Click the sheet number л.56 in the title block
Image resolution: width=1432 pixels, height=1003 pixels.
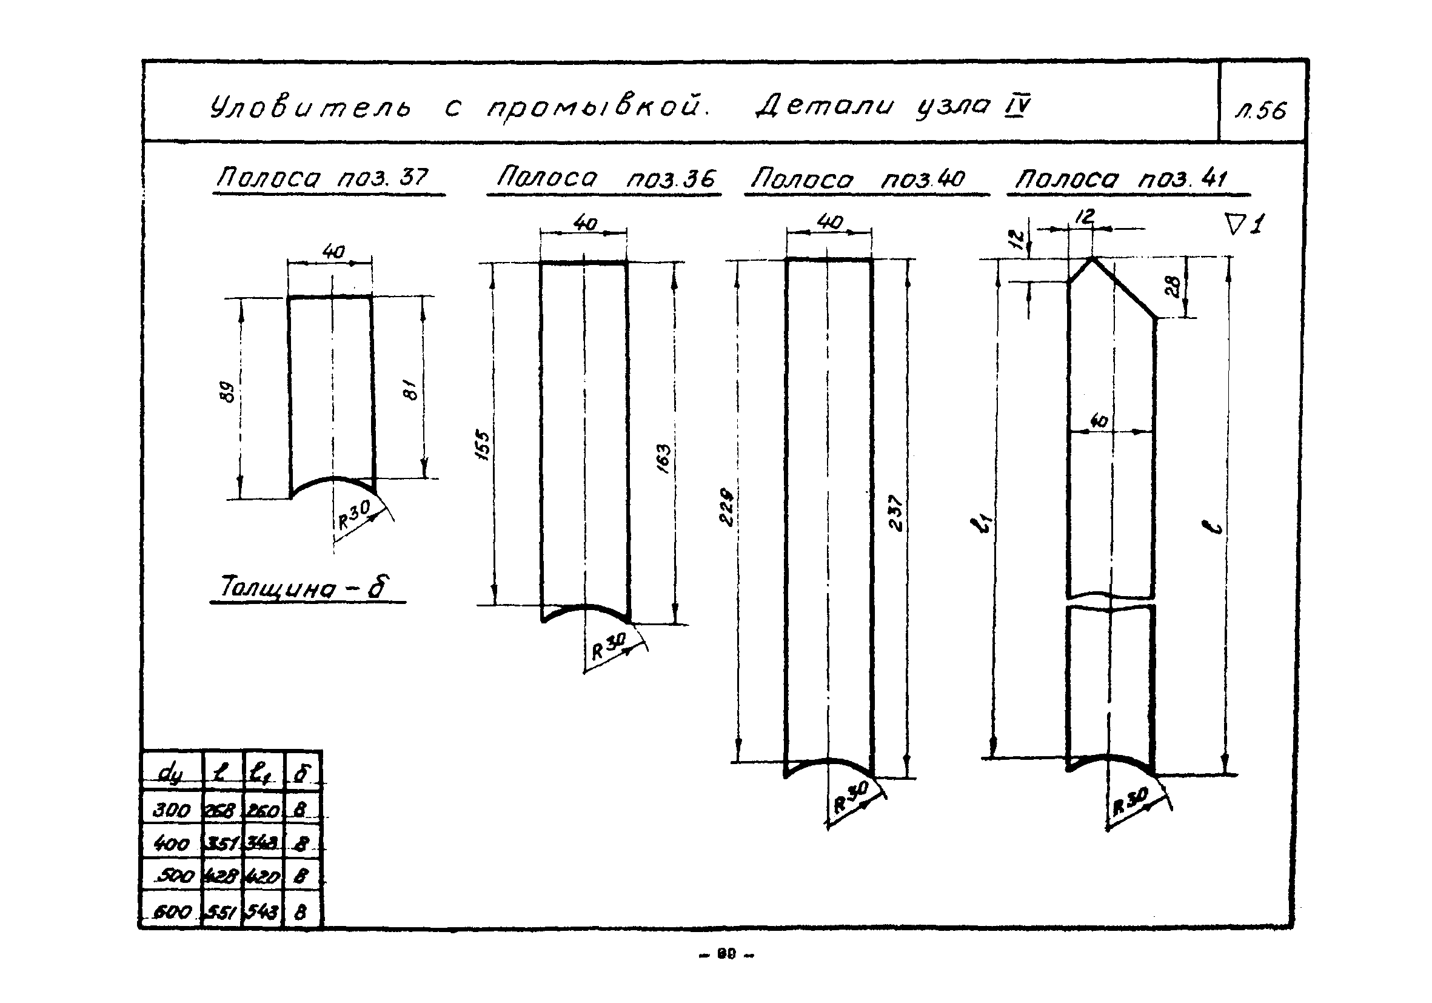click(1260, 111)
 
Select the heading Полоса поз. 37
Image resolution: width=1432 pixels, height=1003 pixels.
click(322, 178)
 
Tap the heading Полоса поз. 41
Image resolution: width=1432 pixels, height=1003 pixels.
click(1121, 179)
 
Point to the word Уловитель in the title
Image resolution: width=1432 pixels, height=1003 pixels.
click(310, 107)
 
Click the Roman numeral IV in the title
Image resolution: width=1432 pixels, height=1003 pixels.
click(1017, 105)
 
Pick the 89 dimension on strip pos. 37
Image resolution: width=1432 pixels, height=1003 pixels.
click(229, 392)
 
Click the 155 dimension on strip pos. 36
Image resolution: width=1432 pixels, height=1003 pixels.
click(482, 444)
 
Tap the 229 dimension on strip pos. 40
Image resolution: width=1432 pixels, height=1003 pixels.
click(728, 506)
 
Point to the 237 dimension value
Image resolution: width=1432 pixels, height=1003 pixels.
click(895, 513)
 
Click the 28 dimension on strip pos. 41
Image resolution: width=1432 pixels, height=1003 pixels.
click(1173, 286)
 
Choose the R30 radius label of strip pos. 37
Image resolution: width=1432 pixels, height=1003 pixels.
click(353, 514)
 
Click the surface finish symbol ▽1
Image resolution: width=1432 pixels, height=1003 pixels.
click(1244, 224)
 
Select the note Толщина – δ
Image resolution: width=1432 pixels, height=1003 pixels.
click(305, 587)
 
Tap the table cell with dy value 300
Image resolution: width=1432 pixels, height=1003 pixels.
click(172, 810)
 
